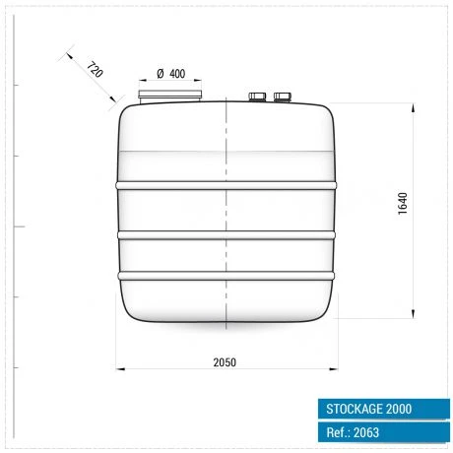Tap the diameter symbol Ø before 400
(161, 75)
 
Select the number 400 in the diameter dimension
(178, 75)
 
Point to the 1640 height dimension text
(403, 202)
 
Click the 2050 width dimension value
(225, 361)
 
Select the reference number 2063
(366, 432)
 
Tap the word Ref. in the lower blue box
(337, 432)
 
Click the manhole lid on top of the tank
(171, 97)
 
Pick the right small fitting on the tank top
(284, 97)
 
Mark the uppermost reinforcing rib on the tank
(226, 184)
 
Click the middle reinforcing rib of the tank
(226, 234)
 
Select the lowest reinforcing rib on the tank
(226, 274)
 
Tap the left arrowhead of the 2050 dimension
(121, 368)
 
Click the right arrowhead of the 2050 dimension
(334, 368)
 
